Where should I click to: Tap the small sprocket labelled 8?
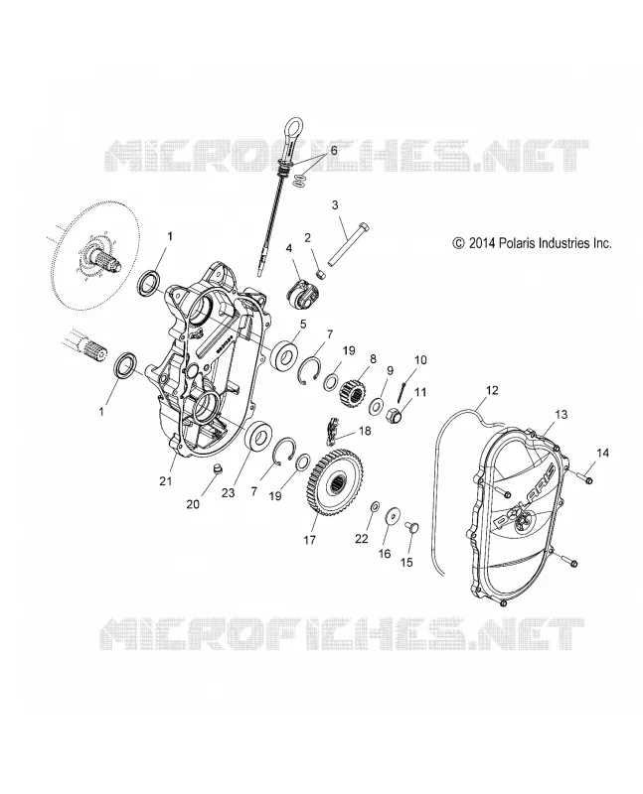click(350, 387)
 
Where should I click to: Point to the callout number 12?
click(492, 390)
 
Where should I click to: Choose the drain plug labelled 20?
click(218, 468)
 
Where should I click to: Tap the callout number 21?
click(166, 481)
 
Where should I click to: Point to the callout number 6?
click(334, 151)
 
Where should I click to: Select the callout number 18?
click(365, 431)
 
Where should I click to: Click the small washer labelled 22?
click(375, 506)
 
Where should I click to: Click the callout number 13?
click(561, 415)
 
